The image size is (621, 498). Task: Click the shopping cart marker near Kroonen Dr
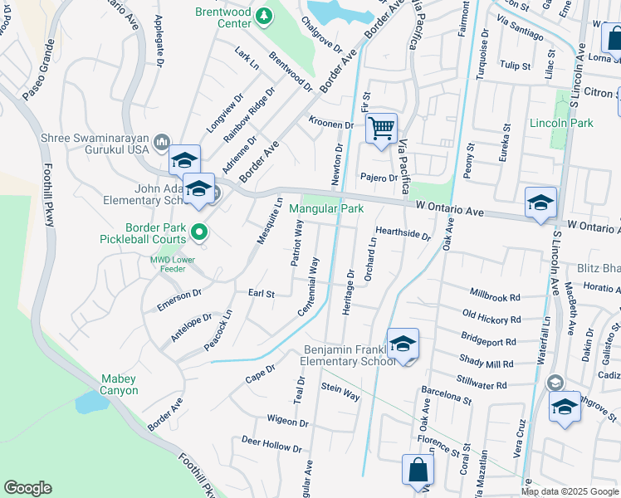tap(381, 129)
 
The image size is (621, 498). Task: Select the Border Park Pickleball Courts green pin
tap(198, 233)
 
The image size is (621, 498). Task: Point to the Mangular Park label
tap(326, 209)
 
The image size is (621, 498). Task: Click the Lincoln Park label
tap(562, 123)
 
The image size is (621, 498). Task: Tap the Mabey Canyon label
tap(119, 384)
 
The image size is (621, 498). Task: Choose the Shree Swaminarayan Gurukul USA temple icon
tap(161, 143)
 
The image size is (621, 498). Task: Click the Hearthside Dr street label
tap(403, 235)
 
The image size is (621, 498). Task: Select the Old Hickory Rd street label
tap(491, 317)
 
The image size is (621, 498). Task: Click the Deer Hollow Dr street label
tap(271, 443)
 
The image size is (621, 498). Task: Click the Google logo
tap(27, 488)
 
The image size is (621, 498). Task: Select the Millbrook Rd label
tap(495, 295)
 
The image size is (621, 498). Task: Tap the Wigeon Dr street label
tap(287, 421)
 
